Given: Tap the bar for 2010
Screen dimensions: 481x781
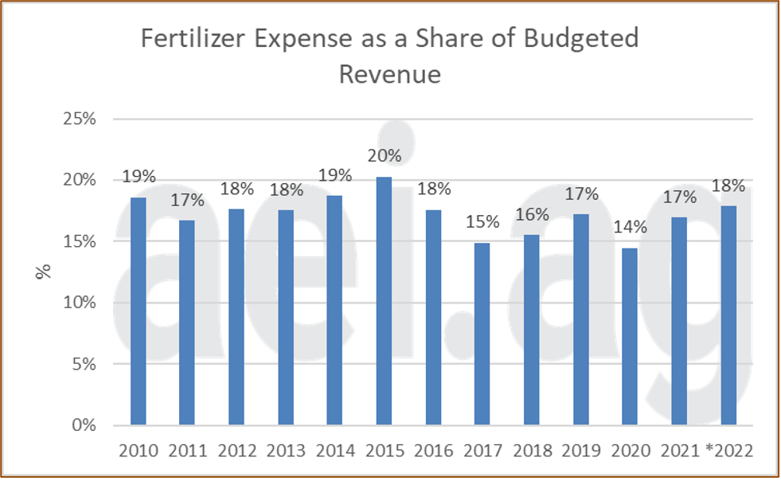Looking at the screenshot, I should coord(139,311).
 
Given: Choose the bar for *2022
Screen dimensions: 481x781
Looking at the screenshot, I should coord(728,315).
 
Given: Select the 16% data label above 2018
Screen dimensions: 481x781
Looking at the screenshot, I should coord(531,215).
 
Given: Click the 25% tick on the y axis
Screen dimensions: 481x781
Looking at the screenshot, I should coord(80,119).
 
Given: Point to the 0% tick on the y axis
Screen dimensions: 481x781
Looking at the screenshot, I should coord(83,425).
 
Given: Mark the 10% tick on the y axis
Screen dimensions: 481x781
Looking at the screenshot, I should coord(80,303).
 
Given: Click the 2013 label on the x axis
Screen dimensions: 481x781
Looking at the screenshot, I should coord(286,451).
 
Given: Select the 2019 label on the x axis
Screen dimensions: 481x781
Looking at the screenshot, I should coord(580,451).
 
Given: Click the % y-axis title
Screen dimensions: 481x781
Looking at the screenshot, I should coord(44,271).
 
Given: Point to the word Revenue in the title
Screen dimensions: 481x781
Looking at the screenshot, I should coord(389,74).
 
